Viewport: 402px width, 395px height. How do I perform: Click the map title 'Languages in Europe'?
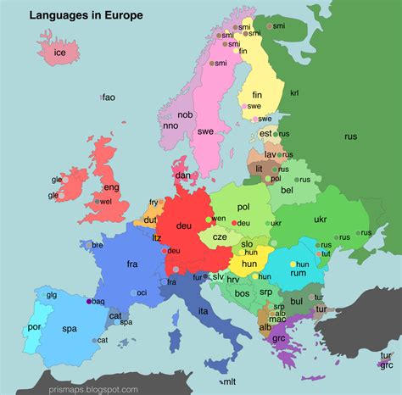[87, 15]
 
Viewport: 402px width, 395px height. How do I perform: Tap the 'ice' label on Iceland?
[59, 53]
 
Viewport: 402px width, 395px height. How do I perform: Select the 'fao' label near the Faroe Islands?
[109, 98]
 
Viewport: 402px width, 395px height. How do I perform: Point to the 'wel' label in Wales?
[106, 202]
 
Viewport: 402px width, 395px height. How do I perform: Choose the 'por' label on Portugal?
[35, 326]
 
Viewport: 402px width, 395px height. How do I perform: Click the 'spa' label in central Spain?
[70, 328]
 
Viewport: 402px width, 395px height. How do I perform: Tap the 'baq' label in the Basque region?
[98, 301]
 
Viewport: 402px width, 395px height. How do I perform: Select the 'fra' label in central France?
[132, 264]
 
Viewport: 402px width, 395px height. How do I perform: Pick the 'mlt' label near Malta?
[227, 382]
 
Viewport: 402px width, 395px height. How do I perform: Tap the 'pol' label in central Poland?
[244, 206]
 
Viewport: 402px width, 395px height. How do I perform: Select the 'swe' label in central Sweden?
[205, 132]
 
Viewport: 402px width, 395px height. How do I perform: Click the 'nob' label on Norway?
[185, 114]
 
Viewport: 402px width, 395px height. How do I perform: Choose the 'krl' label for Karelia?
[295, 92]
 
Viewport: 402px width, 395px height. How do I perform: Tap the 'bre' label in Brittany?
[98, 245]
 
